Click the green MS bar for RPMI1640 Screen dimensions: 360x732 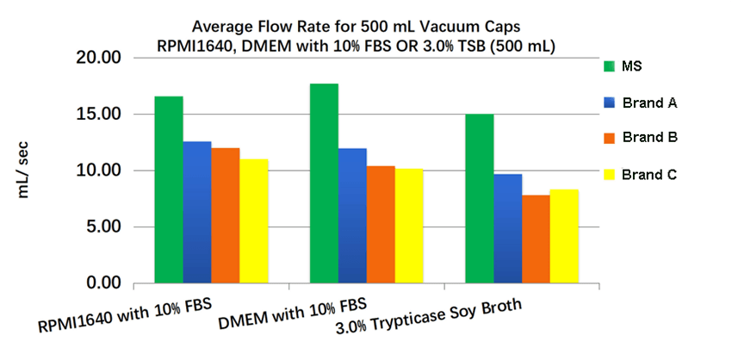[169, 189]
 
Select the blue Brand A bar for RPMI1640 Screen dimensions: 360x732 [197, 212]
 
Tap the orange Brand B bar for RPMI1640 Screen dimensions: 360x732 [226, 215]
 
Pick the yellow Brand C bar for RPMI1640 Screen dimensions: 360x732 [254, 220]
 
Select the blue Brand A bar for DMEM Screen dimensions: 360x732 [352, 215]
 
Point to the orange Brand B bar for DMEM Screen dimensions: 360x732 [381, 224]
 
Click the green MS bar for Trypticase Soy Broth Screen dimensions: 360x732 [480, 198]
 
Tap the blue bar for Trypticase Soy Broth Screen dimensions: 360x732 [508, 228]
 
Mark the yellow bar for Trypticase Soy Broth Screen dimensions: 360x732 [564, 236]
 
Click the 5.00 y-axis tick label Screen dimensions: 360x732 [101, 227]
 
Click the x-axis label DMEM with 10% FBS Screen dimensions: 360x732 [293, 313]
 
